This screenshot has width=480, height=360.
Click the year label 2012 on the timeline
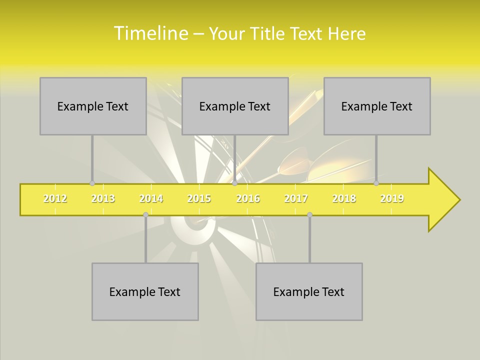(55, 198)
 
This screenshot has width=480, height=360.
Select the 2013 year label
(103, 198)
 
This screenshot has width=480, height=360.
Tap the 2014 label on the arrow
(151, 198)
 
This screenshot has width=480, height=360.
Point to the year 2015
(199, 198)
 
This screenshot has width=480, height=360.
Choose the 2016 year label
(248, 198)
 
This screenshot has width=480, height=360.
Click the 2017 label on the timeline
(296, 198)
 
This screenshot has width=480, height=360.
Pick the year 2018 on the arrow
(344, 198)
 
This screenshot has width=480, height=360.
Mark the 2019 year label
(392, 198)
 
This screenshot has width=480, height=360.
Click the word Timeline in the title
(150, 33)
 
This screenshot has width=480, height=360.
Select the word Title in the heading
(268, 33)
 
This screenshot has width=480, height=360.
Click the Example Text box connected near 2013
(93, 106)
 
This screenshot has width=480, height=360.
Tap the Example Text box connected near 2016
(235, 106)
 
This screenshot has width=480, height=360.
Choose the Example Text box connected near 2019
(377, 106)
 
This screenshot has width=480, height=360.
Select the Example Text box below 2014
(145, 291)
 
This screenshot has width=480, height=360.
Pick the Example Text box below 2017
(309, 291)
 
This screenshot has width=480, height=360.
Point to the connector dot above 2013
(92, 183)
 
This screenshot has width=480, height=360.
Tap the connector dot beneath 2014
(145, 214)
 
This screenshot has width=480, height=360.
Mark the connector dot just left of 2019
(376, 183)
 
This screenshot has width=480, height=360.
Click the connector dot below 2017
(309, 214)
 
